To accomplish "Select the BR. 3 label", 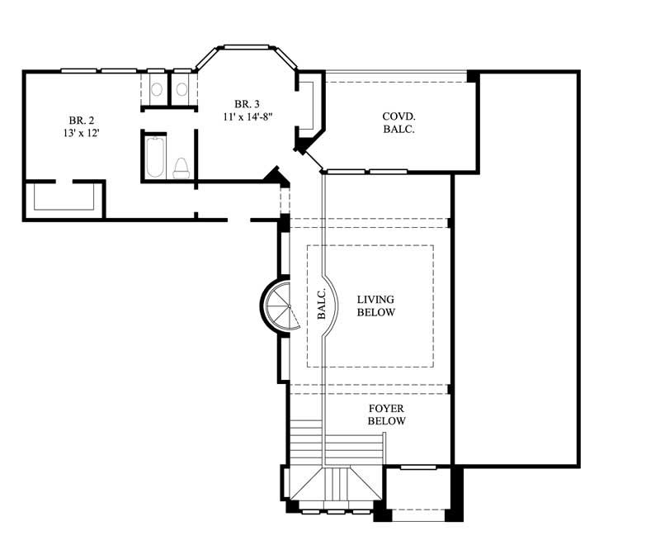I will coord(247,104).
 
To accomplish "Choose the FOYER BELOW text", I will coord(387,415).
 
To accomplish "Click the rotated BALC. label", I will coord(323,303).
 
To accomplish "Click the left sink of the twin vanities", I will coord(155,89).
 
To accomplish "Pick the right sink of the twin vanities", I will coord(181,89).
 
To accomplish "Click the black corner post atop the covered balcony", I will coord(473,77).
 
